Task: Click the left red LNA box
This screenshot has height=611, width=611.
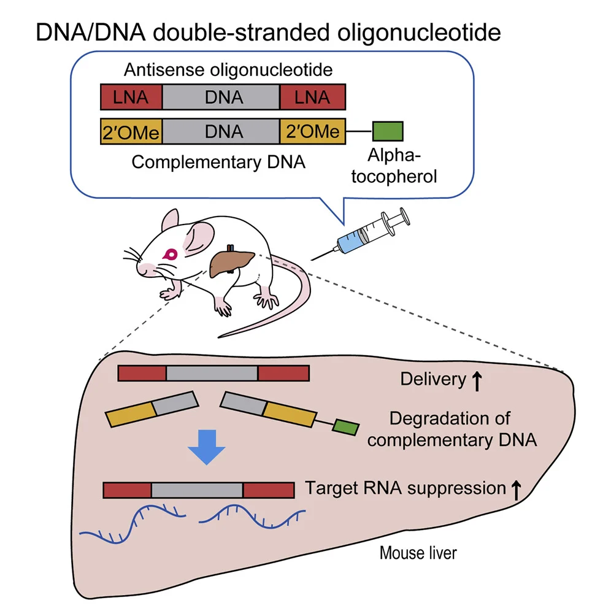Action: click(131, 98)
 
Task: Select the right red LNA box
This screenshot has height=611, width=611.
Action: click(312, 98)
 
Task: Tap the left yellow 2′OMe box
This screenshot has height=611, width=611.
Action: click(131, 132)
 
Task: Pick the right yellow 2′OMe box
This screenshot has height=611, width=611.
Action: click(312, 132)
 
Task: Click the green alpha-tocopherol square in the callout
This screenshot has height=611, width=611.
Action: click(388, 131)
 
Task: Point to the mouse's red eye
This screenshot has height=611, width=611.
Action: click(169, 253)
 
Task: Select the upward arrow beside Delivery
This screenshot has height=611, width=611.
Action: click(477, 380)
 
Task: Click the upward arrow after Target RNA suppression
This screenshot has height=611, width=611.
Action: click(516, 489)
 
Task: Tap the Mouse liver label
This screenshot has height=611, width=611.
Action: click(418, 553)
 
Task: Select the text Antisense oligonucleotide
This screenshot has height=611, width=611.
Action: click(228, 69)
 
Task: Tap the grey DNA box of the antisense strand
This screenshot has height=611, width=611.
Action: click(221, 98)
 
